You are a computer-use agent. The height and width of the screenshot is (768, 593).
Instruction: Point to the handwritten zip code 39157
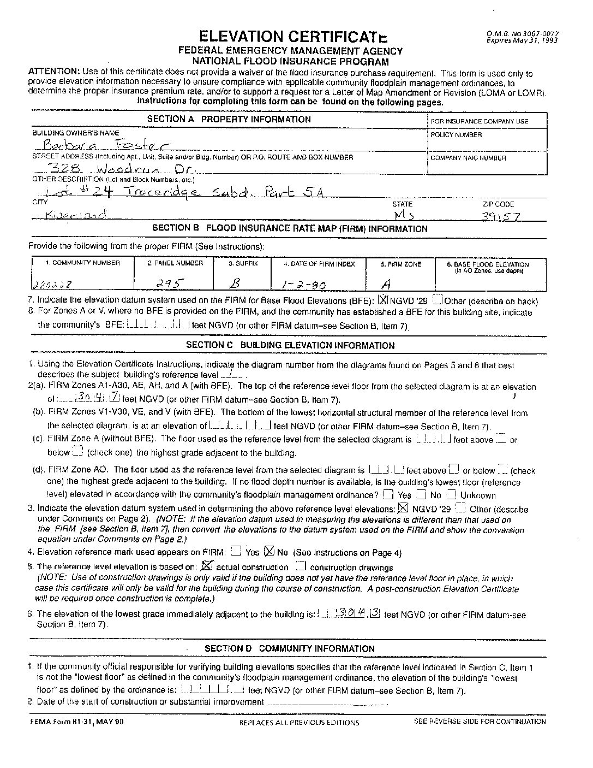point(500,216)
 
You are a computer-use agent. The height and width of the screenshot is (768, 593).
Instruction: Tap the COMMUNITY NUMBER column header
point(82,263)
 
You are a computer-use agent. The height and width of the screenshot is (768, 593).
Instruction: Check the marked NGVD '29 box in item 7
point(383,300)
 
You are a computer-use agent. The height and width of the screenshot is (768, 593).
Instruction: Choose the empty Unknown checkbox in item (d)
point(451,495)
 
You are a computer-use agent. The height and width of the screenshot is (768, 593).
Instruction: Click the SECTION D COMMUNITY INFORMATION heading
point(289,648)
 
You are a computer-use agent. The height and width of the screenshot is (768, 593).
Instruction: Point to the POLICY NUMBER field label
point(456,134)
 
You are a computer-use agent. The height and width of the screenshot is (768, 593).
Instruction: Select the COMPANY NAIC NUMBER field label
point(468,158)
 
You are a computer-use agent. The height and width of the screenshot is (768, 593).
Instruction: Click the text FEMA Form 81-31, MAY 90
point(77,721)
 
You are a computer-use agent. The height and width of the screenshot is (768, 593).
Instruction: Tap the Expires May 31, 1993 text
point(522,40)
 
